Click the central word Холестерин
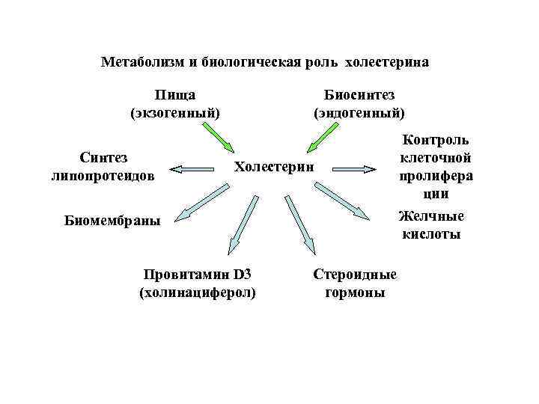tap(275, 165)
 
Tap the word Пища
tap(175, 95)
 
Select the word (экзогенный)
tap(175, 113)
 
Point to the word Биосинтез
tap(359, 95)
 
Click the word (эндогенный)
tap(359, 113)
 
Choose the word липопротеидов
tap(103, 177)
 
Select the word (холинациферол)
tap(198, 292)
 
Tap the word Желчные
tap(430, 217)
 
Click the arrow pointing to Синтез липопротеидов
tap(196, 169)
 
